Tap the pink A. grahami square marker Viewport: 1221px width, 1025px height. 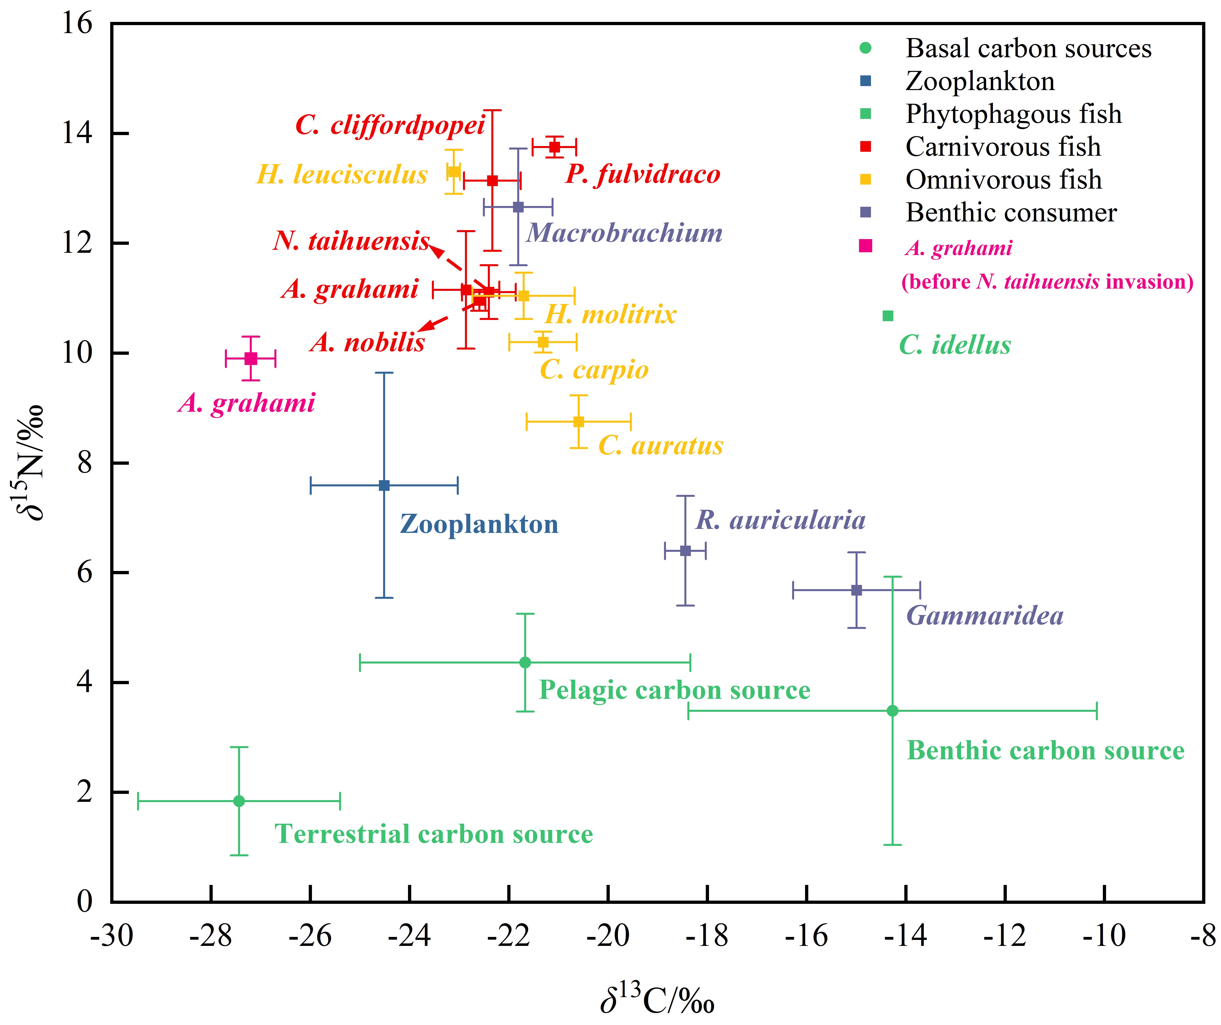251,359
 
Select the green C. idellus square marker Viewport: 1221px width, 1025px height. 888,316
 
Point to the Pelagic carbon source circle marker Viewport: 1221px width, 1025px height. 525,662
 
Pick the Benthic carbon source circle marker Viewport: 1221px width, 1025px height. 893,711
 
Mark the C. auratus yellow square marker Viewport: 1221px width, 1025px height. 578,421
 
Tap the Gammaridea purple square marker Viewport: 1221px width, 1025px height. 857,590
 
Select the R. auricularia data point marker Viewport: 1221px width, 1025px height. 685,551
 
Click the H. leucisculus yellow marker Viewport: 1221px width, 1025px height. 454,172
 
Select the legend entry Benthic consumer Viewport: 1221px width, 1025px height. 1011,213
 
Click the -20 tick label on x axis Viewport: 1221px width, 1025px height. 608,936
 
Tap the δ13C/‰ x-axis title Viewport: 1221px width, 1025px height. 657,998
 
